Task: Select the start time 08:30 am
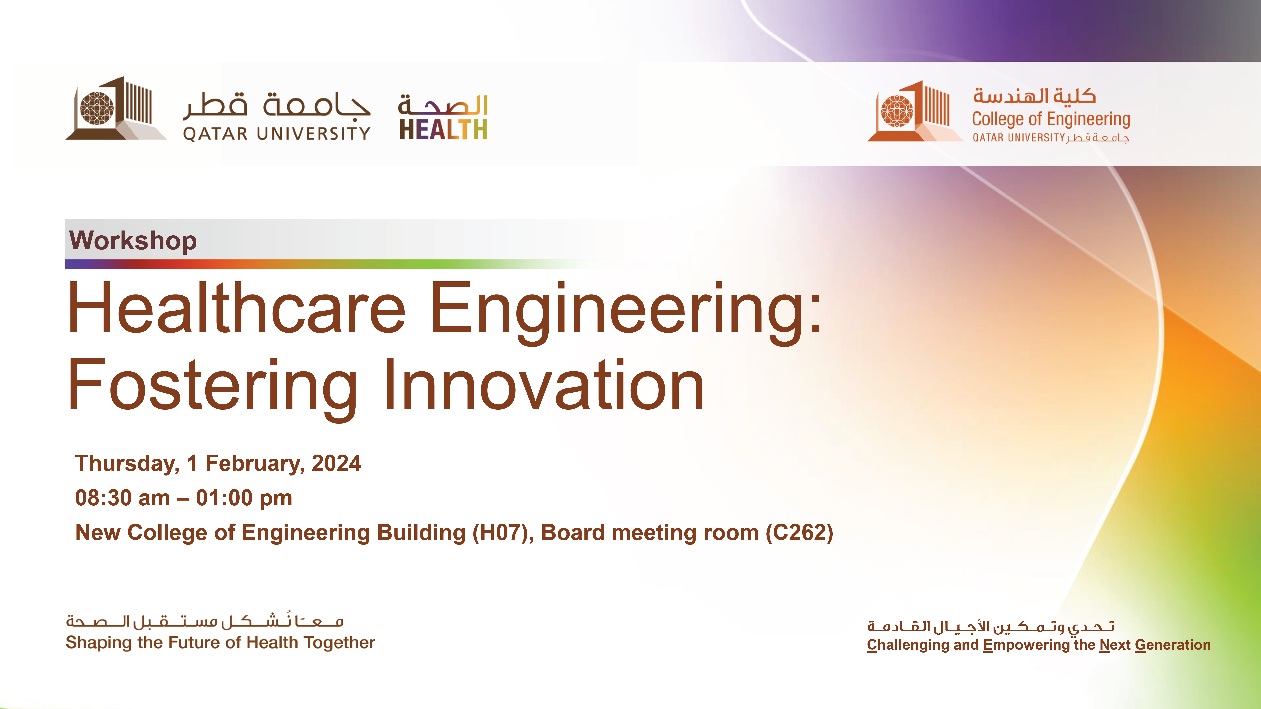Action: click(x=122, y=498)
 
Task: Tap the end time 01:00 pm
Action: click(x=244, y=498)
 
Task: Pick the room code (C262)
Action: click(x=799, y=532)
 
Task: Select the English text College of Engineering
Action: click(x=1050, y=119)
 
